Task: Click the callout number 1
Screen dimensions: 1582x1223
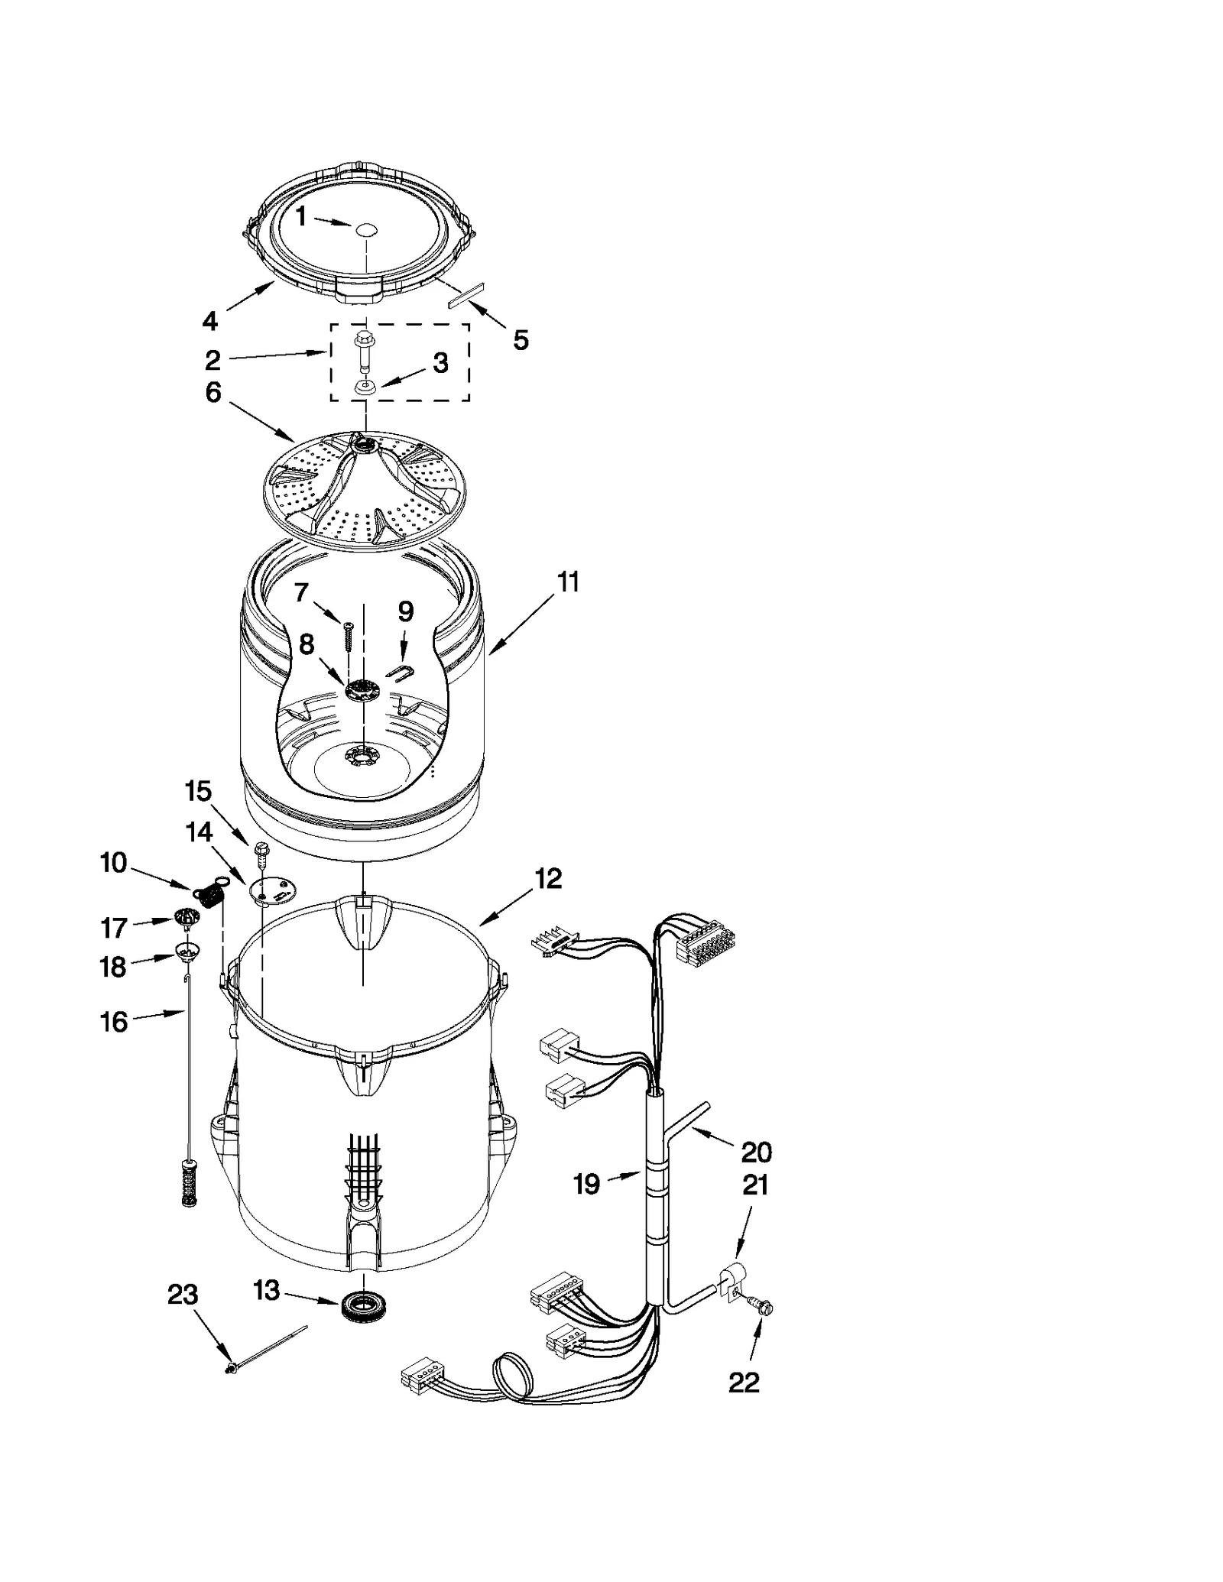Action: (x=300, y=217)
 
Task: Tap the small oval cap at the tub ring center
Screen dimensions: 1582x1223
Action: (x=367, y=227)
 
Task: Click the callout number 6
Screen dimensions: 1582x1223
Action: (x=213, y=393)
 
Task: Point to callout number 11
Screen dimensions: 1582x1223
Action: (x=568, y=582)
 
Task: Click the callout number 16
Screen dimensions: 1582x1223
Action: (x=115, y=1022)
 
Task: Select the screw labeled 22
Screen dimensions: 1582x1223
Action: (x=764, y=1308)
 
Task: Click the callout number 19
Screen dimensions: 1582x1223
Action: (x=586, y=1184)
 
